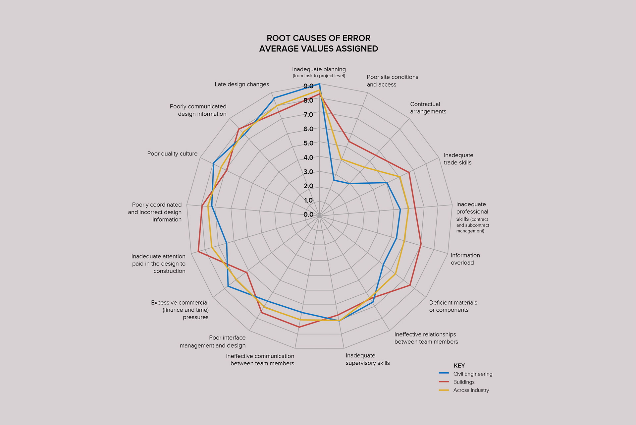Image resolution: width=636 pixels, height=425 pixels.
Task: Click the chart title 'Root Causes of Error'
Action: pos(318,38)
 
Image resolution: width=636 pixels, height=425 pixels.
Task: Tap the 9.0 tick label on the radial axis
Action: pos(308,86)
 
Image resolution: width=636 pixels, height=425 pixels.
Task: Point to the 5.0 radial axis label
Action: pos(308,143)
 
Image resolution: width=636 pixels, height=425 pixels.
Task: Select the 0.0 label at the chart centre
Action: pos(308,214)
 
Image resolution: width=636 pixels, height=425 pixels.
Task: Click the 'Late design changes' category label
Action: pos(242,85)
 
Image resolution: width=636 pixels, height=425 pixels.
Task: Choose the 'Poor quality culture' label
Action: pos(172,154)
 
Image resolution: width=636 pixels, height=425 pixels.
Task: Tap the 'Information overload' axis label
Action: pos(465,259)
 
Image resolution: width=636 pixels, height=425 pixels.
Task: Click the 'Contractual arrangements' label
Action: pos(428,108)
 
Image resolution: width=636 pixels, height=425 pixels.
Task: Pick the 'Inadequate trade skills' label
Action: pos(458,159)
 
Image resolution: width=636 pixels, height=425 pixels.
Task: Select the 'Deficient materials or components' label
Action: pos(453,306)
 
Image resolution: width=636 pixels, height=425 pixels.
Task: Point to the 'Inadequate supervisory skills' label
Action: pos(368,359)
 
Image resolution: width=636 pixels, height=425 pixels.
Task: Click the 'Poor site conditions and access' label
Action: pos(392,81)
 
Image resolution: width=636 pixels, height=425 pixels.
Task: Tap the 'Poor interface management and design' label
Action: pos(213,341)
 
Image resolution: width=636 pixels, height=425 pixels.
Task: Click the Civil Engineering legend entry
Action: pos(472,374)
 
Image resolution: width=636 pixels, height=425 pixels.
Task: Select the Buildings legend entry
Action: pos(464,382)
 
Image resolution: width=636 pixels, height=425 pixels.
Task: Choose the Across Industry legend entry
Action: pos(471,390)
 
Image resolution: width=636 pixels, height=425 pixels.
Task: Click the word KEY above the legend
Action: pos(459,366)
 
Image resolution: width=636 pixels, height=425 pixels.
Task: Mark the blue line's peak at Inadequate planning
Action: pos(319,84)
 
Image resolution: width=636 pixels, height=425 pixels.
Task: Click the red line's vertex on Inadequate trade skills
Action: pos(409,172)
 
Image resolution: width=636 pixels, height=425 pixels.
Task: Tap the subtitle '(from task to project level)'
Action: pos(319,76)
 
